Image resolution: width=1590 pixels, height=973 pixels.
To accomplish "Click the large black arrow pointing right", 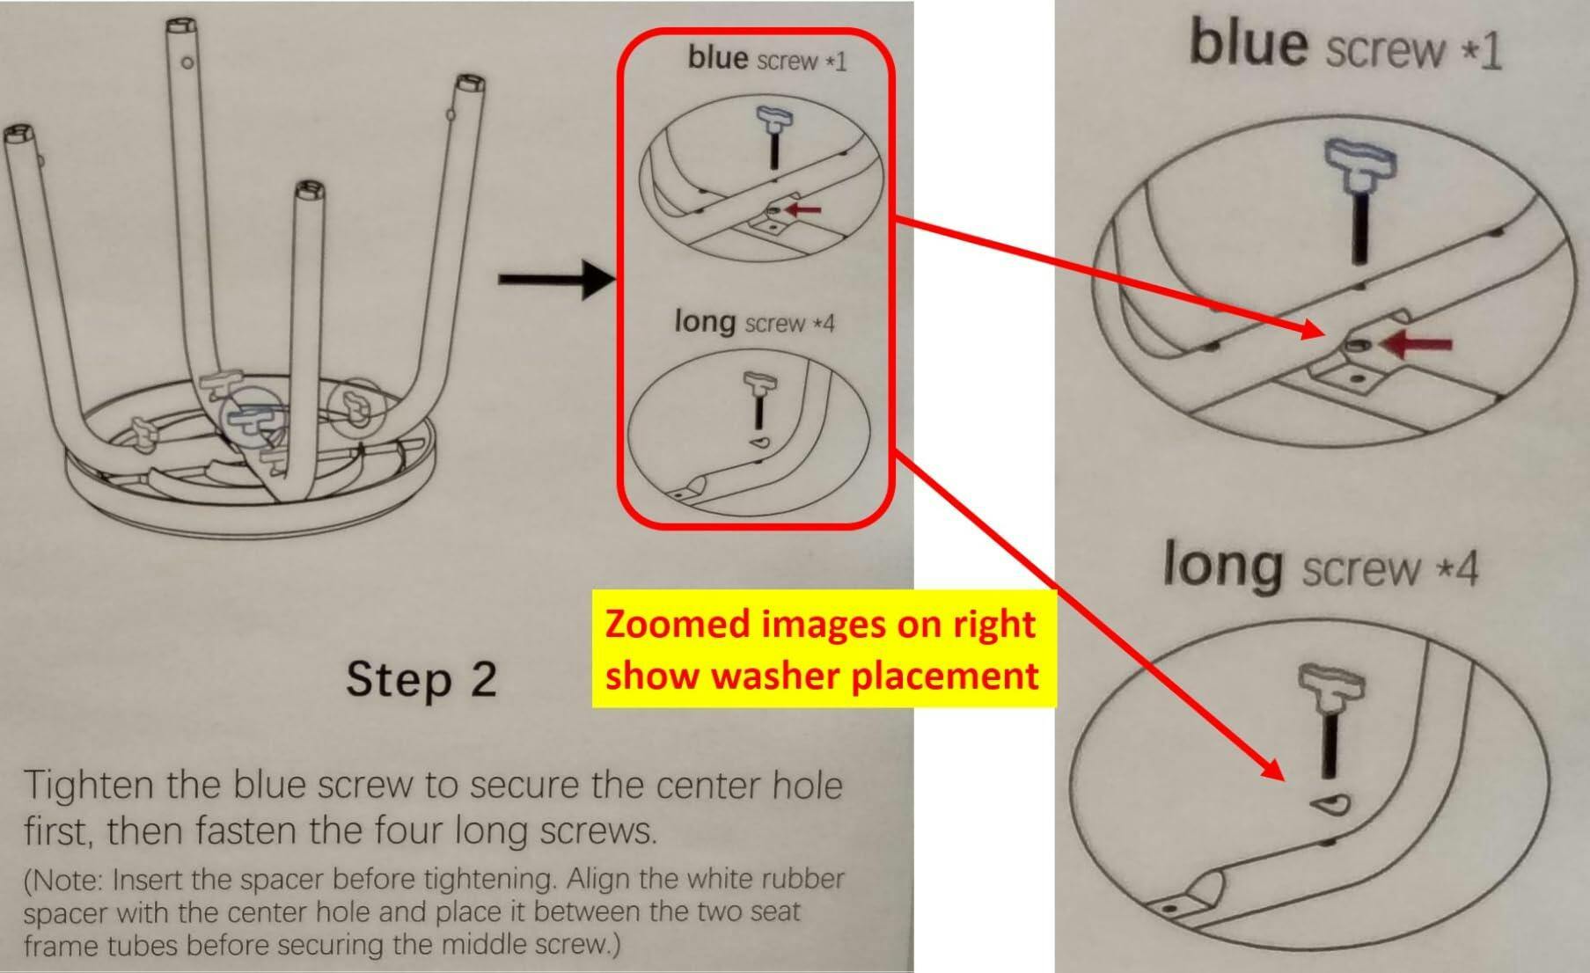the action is (556, 280).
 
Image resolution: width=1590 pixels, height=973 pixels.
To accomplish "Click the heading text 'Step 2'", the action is (421, 679).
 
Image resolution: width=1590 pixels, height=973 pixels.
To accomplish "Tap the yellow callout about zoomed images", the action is (824, 648).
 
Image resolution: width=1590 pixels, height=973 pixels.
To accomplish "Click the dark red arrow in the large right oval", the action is (1417, 344).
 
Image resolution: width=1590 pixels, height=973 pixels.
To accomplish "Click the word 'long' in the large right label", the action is (1222, 566).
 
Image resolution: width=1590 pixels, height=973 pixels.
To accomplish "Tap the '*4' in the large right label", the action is (1457, 569).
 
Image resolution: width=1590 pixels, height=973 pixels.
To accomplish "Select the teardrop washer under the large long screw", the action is (1330, 803).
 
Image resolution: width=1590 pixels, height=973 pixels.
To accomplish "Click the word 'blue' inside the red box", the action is (718, 57).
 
